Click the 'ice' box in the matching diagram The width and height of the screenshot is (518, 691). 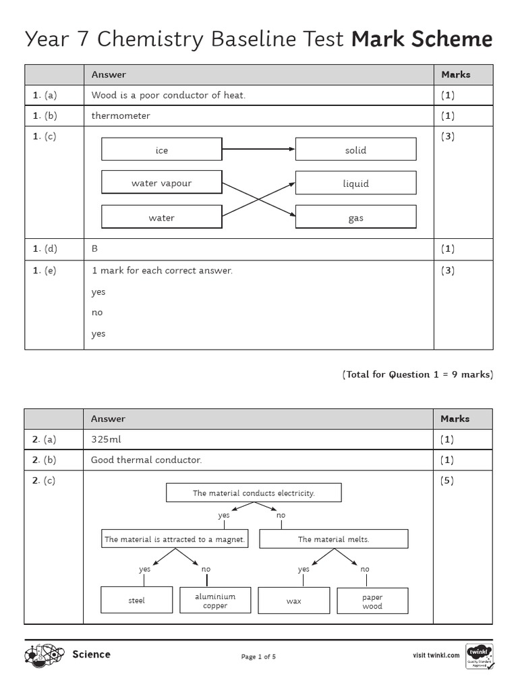161,150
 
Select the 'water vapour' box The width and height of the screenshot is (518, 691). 161,183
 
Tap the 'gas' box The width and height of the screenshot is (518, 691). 355,217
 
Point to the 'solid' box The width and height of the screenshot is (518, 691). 355,150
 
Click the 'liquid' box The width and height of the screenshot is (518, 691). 355,183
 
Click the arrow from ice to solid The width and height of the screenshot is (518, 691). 258,149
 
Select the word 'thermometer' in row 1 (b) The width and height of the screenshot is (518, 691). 121,115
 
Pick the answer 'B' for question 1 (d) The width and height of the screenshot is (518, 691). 95,248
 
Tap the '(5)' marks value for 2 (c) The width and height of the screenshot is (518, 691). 447,481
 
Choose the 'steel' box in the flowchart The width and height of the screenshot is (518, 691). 136,600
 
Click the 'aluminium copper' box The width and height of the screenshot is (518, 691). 215,601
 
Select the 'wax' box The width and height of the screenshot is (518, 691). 293,600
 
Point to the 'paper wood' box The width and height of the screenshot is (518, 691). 372,601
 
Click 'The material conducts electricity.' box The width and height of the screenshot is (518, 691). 254,493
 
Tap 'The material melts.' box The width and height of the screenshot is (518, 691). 333,539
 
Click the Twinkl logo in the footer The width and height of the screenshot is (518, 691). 480,655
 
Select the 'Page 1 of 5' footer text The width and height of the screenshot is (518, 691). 258,656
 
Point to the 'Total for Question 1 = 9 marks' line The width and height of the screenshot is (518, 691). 418,375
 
